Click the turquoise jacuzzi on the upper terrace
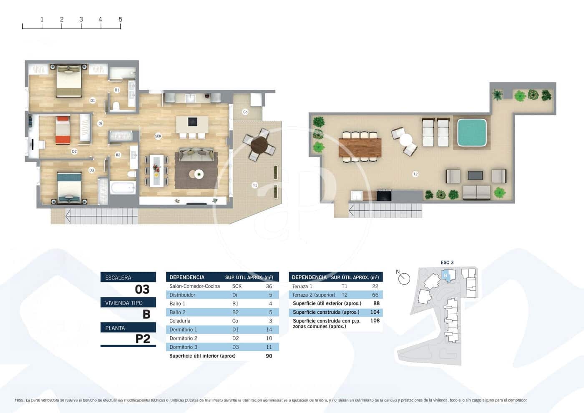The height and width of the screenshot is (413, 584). (x=472, y=133)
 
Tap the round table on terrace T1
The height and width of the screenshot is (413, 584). (x=259, y=145)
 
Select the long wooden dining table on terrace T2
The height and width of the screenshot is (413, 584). (x=360, y=147)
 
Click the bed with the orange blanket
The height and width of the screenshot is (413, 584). (x=63, y=131)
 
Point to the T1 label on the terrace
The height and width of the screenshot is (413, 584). (x=255, y=185)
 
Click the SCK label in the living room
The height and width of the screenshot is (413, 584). (x=158, y=136)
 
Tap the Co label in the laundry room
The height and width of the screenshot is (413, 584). (x=245, y=112)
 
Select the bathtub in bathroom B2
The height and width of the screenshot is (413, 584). (x=123, y=187)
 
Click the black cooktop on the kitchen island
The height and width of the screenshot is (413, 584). (x=192, y=121)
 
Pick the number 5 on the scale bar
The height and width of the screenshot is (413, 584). (x=121, y=19)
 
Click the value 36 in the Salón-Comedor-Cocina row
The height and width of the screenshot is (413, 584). (x=269, y=286)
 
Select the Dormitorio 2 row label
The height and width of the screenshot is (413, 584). (x=183, y=338)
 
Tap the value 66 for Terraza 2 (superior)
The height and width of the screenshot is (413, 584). (x=375, y=295)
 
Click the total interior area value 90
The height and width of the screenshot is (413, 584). (x=269, y=356)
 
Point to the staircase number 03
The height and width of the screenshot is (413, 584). (x=142, y=289)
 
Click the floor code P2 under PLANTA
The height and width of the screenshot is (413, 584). (x=143, y=339)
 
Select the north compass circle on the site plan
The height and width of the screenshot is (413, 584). (x=404, y=279)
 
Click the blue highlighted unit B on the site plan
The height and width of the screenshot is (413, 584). (x=446, y=275)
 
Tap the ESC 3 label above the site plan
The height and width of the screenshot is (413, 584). (x=447, y=262)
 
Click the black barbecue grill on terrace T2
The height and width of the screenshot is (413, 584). (x=384, y=195)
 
